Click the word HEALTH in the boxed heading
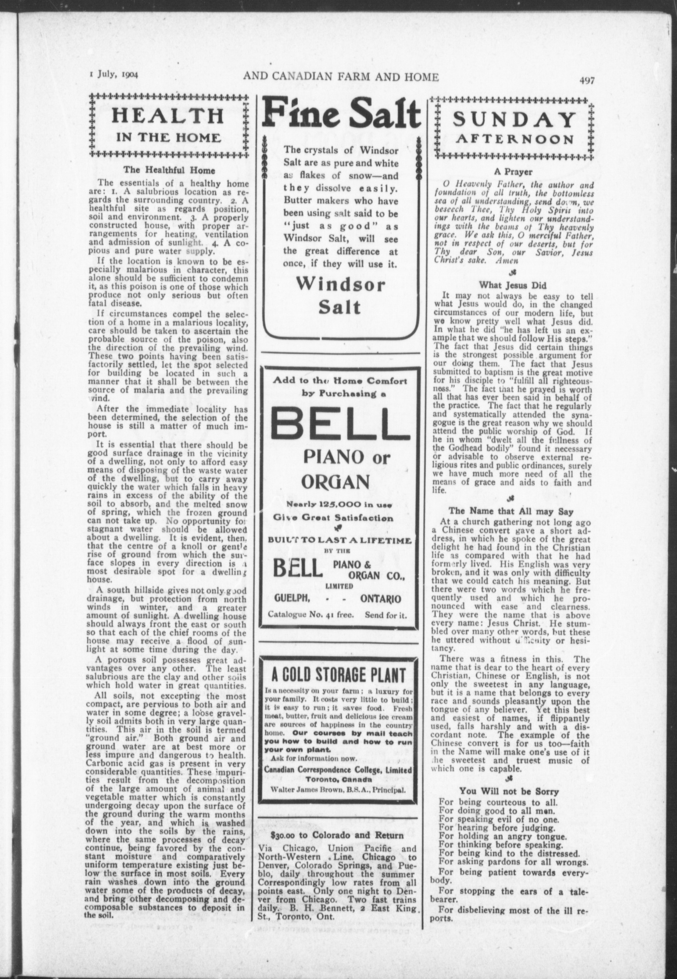pos(168,116)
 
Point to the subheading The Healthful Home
pos(169,170)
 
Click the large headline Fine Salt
pos(341,114)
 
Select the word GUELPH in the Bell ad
pos(291,599)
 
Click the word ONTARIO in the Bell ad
pos(381,599)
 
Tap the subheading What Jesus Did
pos(513,285)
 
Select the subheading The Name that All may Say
pos(511,511)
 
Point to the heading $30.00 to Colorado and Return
pos(337,835)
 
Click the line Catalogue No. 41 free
pos(309,615)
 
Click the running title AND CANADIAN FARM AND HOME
pos(341,77)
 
